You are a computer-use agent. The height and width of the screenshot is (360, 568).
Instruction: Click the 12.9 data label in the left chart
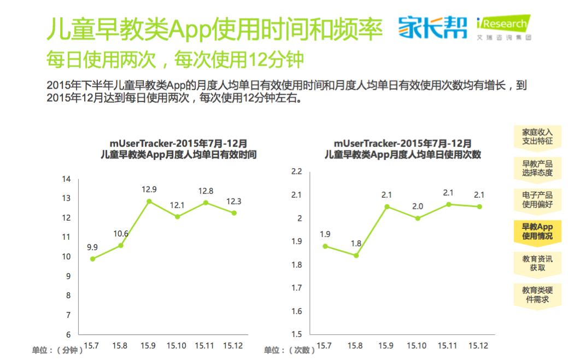click(x=149, y=190)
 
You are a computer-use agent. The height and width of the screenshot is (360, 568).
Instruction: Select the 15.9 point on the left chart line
click(x=149, y=201)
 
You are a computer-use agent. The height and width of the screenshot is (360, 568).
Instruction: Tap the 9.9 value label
click(x=92, y=247)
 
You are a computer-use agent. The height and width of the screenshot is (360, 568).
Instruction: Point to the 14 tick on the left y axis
click(x=67, y=179)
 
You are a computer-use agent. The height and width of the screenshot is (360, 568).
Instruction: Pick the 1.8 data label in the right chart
click(x=356, y=244)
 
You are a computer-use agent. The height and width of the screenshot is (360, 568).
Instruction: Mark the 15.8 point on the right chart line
click(x=356, y=255)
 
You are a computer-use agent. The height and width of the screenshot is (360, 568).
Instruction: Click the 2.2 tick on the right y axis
click(x=297, y=172)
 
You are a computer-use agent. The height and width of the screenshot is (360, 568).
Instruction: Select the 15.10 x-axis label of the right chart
click(x=418, y=346)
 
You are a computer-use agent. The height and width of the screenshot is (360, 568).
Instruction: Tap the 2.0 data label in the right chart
click(x=418, y=206)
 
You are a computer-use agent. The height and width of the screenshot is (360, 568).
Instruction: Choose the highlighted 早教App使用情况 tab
click(x=537, y=231)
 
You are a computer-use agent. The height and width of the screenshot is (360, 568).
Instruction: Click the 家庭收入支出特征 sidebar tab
click(x=537, y=137)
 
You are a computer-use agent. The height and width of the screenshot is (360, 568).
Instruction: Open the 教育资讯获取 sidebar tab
click(x=537, y=263)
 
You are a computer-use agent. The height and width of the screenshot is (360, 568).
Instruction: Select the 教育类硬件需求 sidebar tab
click(x=537, y=294)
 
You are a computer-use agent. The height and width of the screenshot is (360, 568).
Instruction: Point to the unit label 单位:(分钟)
click(x=57, y=350)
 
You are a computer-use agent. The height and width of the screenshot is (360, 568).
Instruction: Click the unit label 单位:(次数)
click(x=289, y=350)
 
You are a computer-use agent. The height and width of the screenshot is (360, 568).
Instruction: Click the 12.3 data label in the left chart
click(x=234, y=202)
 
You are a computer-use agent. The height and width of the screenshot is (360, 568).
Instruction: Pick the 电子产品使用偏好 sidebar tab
click(x=537, y=199)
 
